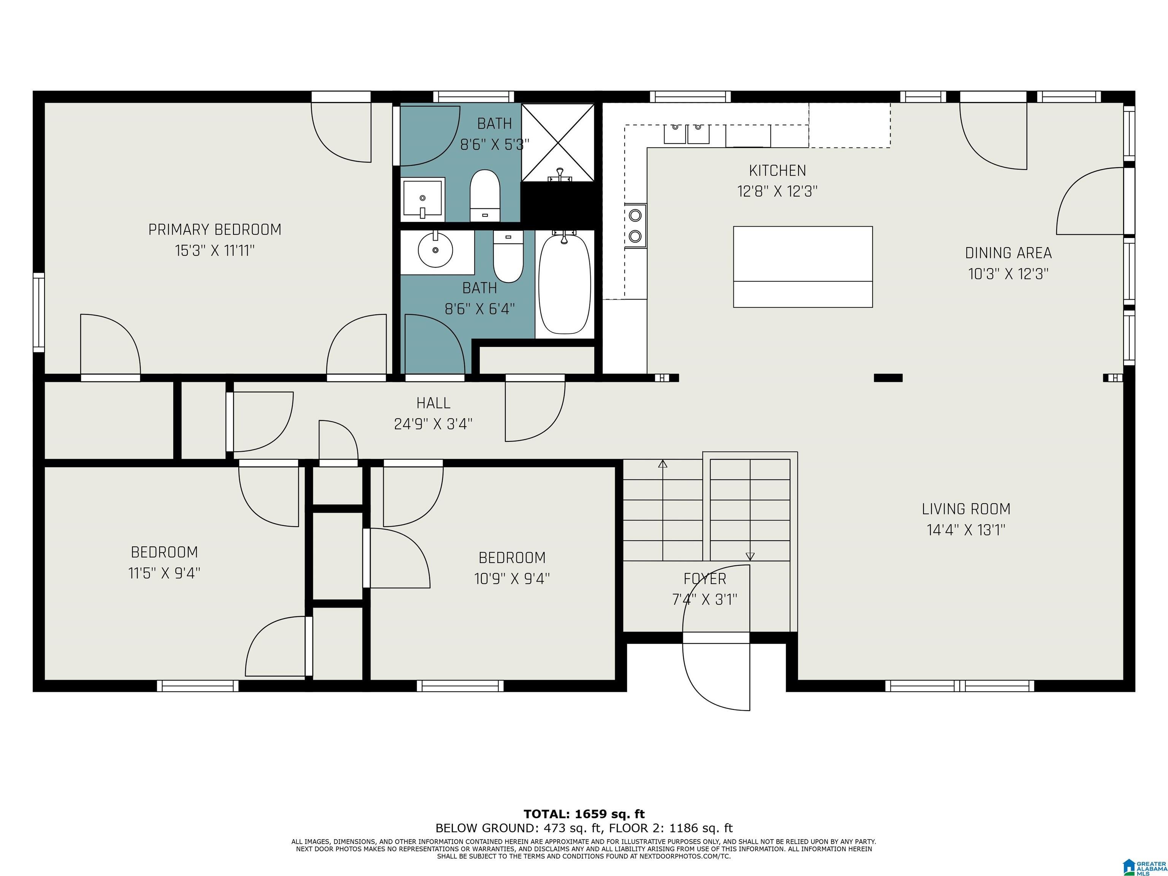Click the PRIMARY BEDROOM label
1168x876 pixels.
[x=214, y=230]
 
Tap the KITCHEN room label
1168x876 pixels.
[x=777, y=171]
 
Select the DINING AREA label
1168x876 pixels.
[x=1008, y=253]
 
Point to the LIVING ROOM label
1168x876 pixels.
[x=966, y=509]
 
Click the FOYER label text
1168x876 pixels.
[x=705, y=579]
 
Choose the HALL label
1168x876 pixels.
[x=433, y=403]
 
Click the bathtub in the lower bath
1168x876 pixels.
[x=565, y=284]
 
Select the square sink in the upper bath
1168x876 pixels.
[x=422, y=199]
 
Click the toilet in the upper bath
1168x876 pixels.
[x=485, y=196]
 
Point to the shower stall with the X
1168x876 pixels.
[x=558, y=142]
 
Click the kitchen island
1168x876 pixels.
[x=803, y=267]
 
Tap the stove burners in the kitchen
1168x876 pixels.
[x=636, y=225]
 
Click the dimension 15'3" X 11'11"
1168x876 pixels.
[x=215, y=250]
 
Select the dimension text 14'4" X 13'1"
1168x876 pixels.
[x=966, y=530]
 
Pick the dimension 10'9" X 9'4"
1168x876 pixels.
[x=512, y=579]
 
